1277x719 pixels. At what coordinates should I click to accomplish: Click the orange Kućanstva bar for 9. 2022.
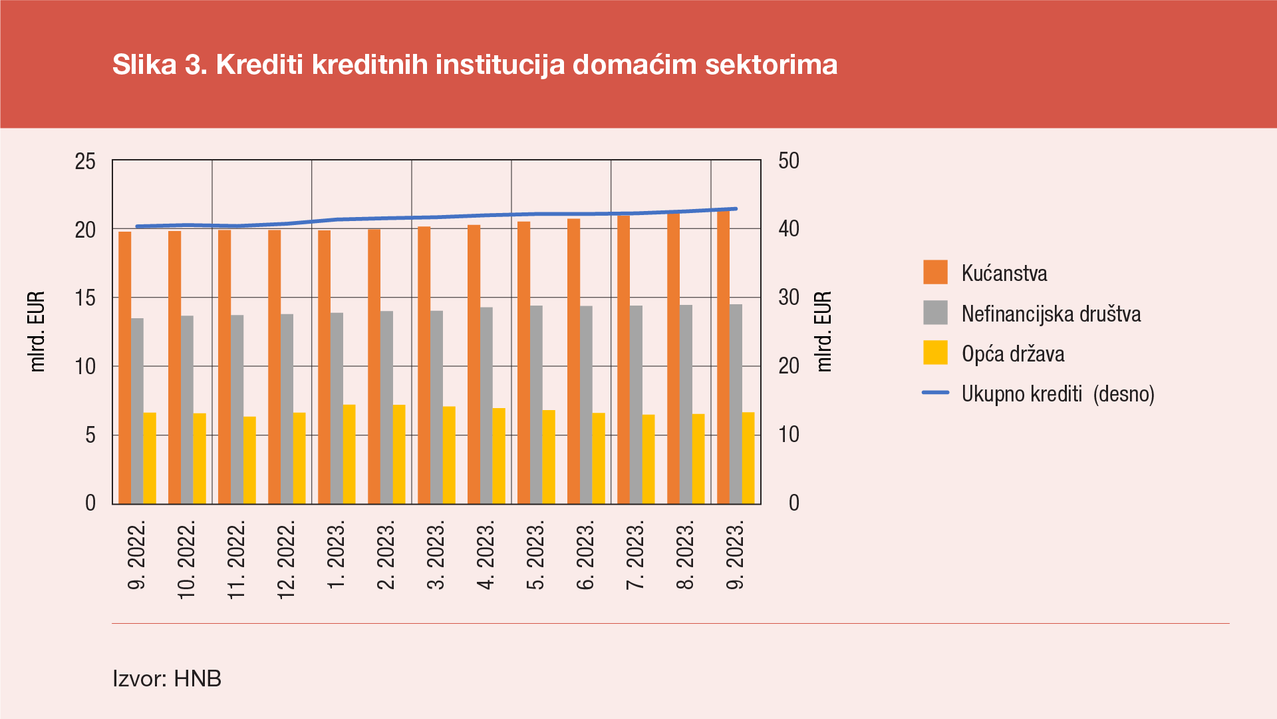click(x=125, y=367)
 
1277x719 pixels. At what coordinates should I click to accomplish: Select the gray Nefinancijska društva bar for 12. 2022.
click(x=287, y=409)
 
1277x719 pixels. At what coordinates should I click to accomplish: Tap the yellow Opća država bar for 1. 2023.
click(x=349, y=454)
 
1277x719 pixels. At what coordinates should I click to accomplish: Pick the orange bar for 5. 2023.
click(x=524, y=363)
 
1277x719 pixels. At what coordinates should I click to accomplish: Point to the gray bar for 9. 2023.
click(x=736, y=404)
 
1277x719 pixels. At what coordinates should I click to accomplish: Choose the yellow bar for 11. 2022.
click(x=249, y=460)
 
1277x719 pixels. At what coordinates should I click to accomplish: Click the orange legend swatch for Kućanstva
click(x=935, y=273)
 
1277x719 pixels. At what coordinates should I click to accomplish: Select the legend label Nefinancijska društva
click(x=1051, y=314)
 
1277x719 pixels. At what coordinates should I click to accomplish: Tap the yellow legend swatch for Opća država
click(x=935, y=353)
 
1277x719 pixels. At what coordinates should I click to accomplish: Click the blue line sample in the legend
click(x=935, y=393)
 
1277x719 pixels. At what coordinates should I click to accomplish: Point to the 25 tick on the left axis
click(x=85, y=161)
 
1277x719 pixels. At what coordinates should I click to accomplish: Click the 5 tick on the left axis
click(x=90, y=435)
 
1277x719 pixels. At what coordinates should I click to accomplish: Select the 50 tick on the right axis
click(x=789, y=161)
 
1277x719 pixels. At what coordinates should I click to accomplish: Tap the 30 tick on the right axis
click(x=789, y=298)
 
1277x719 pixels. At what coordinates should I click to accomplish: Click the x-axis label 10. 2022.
click(x=187, y=560)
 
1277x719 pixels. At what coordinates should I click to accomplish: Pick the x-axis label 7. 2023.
click(x=636, y=556)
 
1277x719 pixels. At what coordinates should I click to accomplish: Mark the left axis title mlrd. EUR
click(x=37, y=331)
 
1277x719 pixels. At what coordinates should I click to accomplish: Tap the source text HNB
click(x=198, y=678)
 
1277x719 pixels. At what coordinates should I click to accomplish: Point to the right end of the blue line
click(x=736, y=209)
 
